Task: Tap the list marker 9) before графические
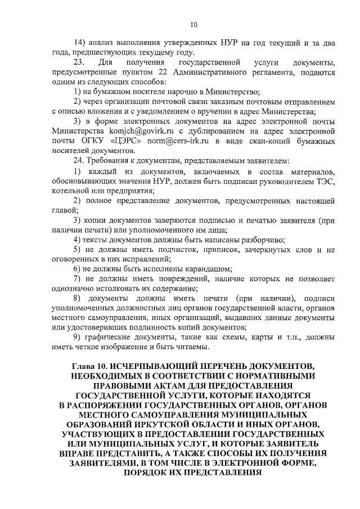pyautogui.click(x=80, y=336)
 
